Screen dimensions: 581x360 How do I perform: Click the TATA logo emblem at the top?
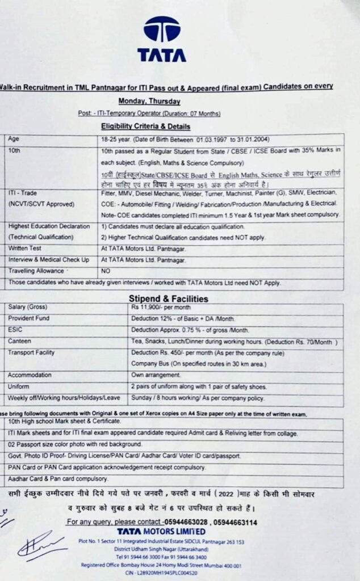[162, 29]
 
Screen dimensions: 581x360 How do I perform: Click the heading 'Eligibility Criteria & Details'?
[146, 126]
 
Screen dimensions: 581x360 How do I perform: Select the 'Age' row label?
[14, 139]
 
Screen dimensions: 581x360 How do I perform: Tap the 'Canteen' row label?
[20, 342]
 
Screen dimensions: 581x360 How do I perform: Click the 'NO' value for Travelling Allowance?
[106, 271]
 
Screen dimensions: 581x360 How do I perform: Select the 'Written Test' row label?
[24, 249]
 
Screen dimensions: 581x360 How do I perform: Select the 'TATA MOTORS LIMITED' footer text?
[161, 532]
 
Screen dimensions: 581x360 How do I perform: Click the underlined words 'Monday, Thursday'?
[149, 101]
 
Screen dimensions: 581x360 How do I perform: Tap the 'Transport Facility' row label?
[31, 353]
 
